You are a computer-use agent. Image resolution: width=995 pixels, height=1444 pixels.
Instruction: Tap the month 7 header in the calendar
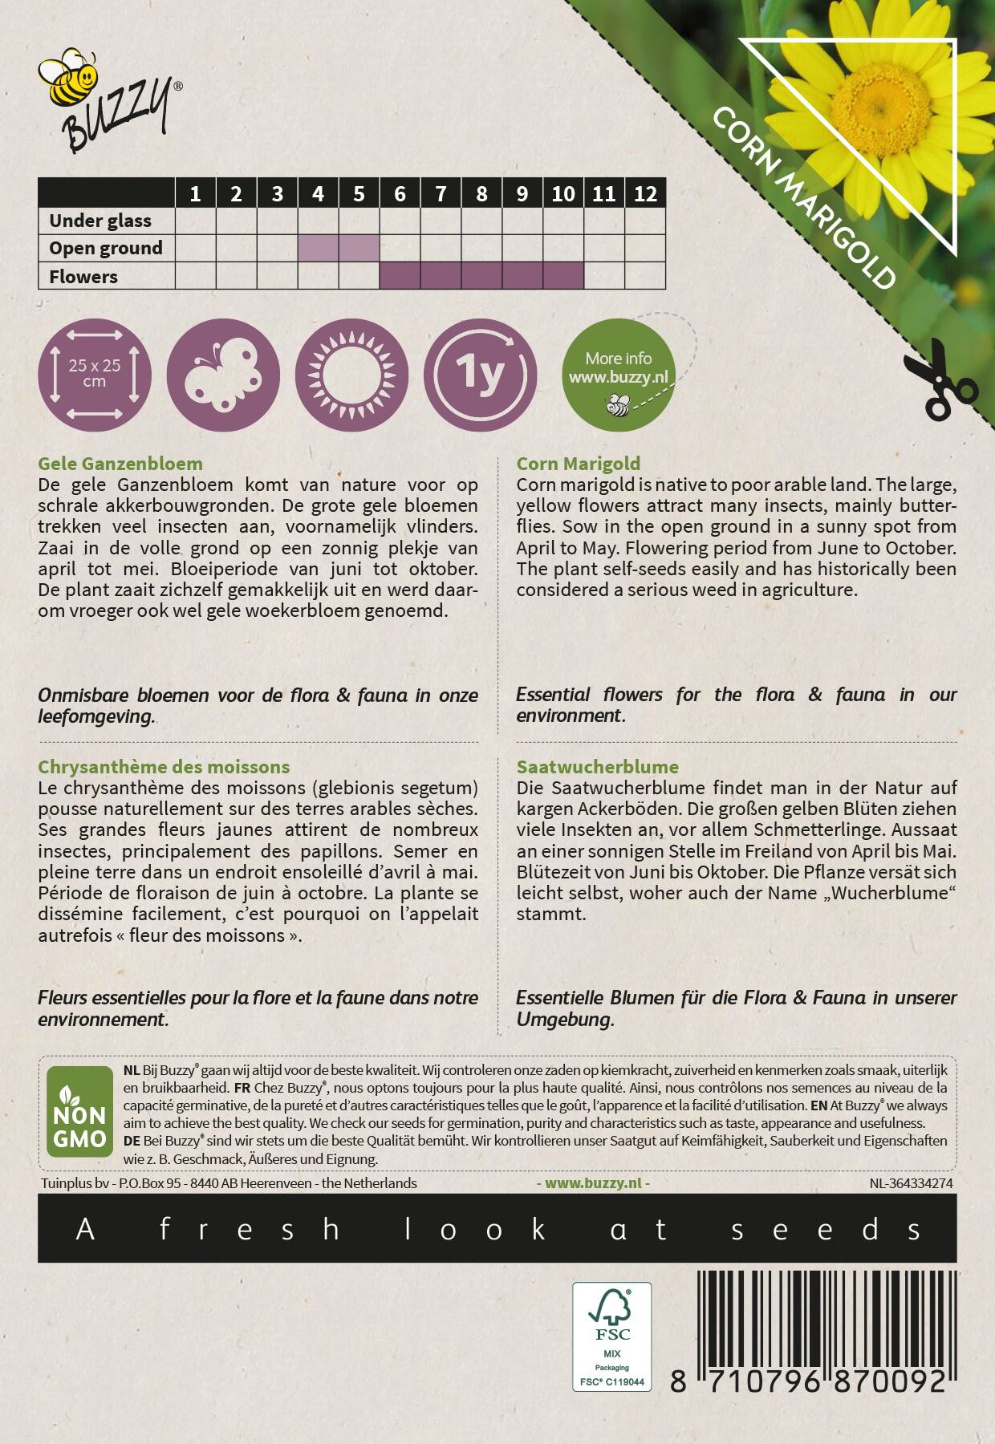(x=441, y=193)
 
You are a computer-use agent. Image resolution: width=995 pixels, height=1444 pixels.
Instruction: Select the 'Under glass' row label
(x=100, y=221)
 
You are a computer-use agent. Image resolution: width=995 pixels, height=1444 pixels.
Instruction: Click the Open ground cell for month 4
(x=318, y=248)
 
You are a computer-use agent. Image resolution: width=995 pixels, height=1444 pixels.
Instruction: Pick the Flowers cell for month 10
(x=563, y=276)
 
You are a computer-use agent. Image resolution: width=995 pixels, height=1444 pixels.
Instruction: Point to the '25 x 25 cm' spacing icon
(x=95, y=374)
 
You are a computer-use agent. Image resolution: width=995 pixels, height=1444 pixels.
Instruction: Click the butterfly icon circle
(x=223, y=374)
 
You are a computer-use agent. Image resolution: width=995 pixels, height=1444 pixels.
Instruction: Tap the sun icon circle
(x=352, y=374)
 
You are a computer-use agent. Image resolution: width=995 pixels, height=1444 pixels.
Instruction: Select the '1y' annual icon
(x=480, y=374)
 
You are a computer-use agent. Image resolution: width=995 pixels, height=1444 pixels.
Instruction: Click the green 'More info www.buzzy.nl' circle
(x=619, y=375)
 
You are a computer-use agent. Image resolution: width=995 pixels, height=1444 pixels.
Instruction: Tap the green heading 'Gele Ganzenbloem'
(x=120, y=464)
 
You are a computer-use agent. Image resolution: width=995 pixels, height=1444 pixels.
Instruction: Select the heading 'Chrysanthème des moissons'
(x=164, y=767)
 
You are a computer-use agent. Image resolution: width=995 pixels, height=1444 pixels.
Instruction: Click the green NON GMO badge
(x=79, y=1111)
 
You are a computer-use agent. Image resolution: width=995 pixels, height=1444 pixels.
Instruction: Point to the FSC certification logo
(x=611, y=1336)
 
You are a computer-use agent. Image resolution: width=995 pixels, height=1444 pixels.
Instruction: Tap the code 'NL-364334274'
(x=911, y=1183)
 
